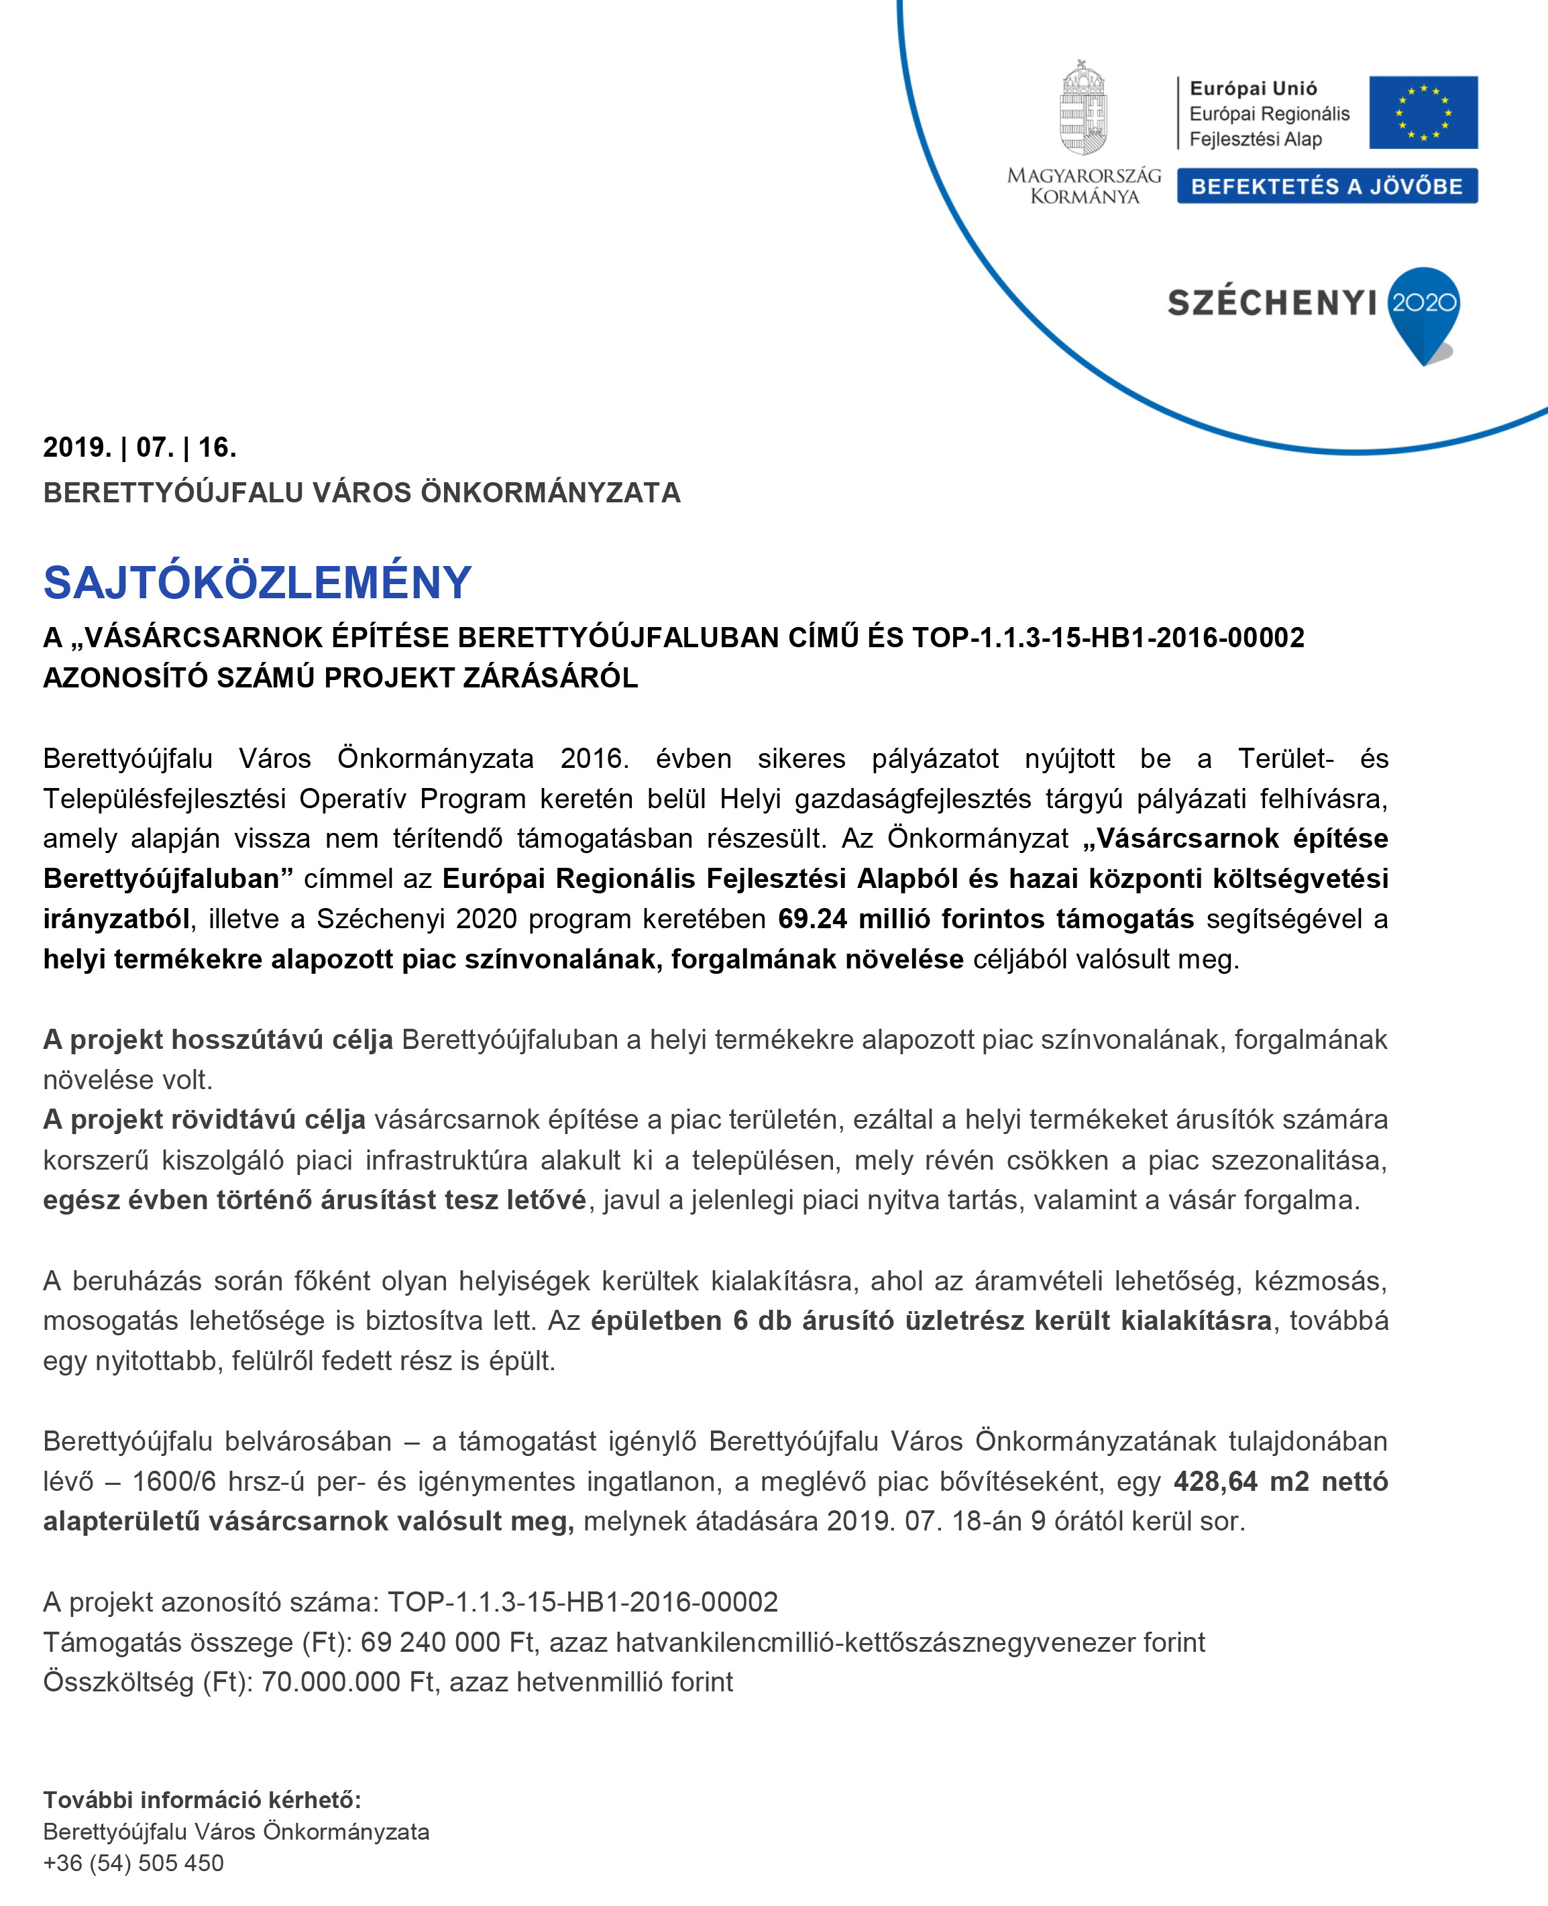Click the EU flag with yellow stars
pyautogui.click(x=1423, y=112)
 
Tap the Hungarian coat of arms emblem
pyautogui.click(x=1083, y=108)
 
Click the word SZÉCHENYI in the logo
pyautogui.click(x=1272, y=303)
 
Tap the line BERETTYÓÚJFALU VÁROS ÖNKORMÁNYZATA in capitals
pyautogui.click(x=361, y=492)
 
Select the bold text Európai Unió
pyautogui.click(x=1253, y=89)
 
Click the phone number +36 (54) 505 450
pyautogui.click(x=133, y=1862)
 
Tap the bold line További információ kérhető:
pyautogui.click(x=201, y=1800)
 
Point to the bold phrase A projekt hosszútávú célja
pyautogui.click(x=217, y=1039)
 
